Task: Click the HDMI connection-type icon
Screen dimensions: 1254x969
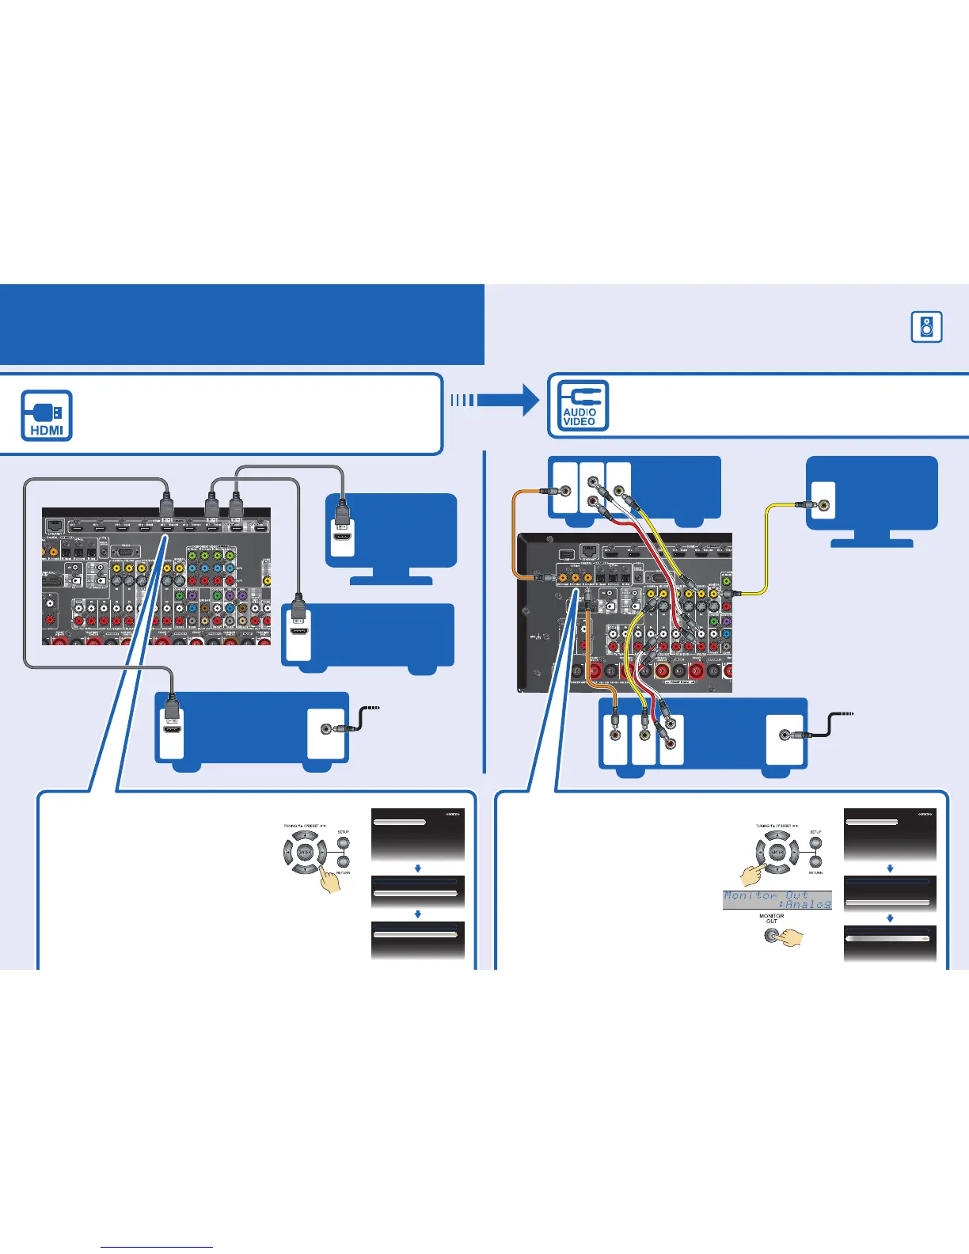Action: pos(47,416)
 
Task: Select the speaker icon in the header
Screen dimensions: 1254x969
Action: pos(926,326)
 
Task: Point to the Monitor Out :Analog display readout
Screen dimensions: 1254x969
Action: pos(777,900)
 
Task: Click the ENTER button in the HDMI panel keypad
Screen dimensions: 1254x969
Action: pos(305,853)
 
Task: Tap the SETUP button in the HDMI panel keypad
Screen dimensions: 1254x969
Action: pos(343,844)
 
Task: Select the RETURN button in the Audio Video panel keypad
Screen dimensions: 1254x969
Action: pos(815,862)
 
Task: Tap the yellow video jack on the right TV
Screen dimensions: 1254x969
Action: pos(825,504)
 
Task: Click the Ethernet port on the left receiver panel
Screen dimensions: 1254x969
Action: pos(55,525)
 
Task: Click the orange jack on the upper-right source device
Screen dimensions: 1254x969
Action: pos(564,491)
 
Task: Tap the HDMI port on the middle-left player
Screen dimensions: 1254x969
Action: pos(298,632)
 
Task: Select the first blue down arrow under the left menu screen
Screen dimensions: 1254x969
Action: pos(417,868)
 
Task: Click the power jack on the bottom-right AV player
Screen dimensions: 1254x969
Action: pos(785,735)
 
